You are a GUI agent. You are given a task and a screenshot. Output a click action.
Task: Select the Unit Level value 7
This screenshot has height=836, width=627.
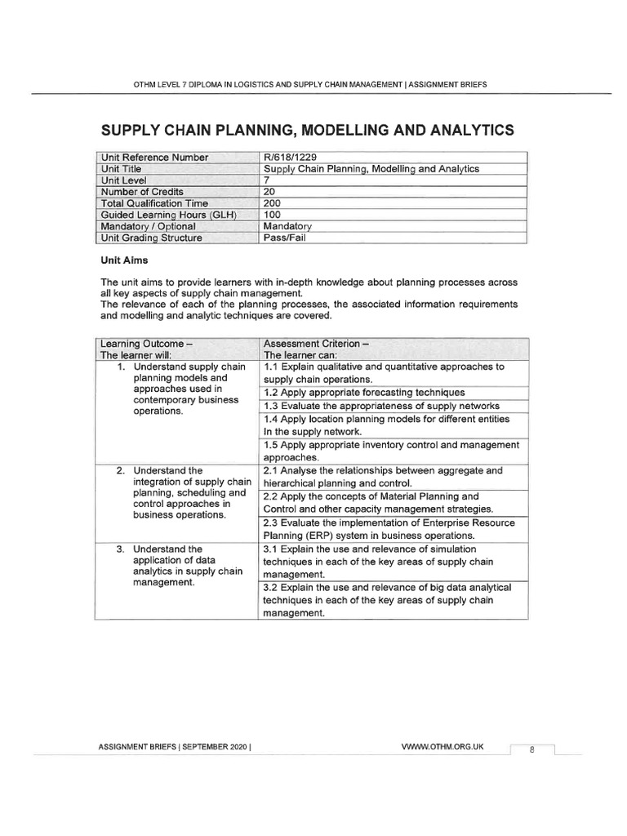click(266, 180)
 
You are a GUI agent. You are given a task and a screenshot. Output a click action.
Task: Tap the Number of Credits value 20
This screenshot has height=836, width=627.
click(270, 192)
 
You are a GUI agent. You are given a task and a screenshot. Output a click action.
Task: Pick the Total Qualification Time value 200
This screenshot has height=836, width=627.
click(273, 203)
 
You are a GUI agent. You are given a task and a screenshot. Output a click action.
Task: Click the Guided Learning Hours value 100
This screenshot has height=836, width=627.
click(273, 215)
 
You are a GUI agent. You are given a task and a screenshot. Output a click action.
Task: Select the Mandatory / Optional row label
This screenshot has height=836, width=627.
click(148, 226)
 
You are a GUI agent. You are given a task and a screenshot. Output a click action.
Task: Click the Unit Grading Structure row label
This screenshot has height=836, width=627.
click(151, 238)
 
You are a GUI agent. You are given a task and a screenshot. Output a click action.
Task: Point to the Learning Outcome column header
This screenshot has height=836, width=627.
click(145, 344)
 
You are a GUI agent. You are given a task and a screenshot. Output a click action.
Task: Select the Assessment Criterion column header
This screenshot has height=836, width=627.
click(317, 344)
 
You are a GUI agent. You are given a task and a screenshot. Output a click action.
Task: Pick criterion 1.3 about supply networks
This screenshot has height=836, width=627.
click(381, 406)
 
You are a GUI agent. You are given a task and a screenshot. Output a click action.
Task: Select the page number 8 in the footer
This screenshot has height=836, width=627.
click(531, 750)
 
